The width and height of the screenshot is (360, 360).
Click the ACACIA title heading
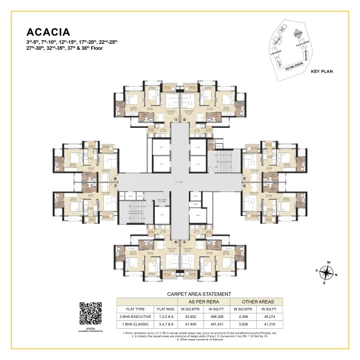point(49,31)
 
